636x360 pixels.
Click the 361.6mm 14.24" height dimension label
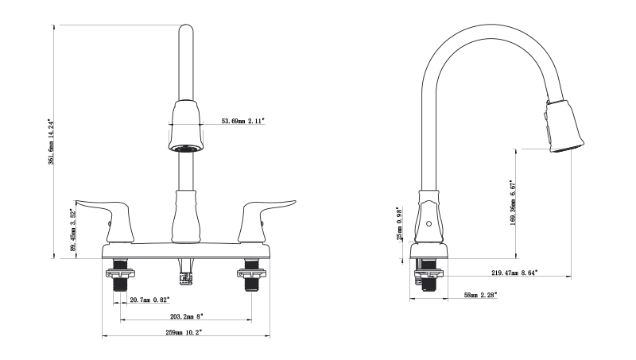click(x=51, y=142)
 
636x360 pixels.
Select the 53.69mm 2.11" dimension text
click(x=243, y=121)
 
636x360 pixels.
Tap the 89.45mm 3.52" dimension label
click(x=73, y=230)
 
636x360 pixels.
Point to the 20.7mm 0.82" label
click(x=149, y=300)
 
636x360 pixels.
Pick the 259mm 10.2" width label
click(x=184, y=332)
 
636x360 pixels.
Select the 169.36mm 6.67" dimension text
click(x=513, y=203)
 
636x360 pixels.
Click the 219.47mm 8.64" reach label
click(x=514, y=273)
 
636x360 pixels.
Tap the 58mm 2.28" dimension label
click(x=481, y=295)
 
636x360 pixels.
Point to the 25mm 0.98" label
click(x=400, y=223)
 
